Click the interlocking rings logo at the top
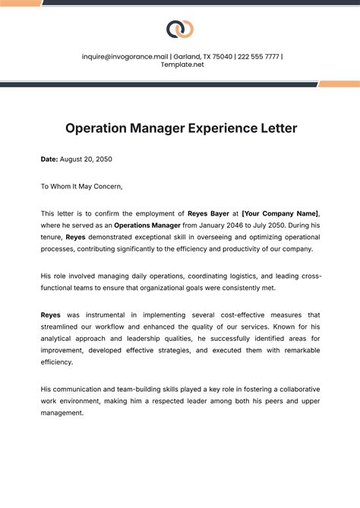click(180, 29)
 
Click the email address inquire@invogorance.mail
click(125, 56)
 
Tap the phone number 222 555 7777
click(257, 56)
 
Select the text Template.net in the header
click(182, 65)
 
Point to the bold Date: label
click(49, 159)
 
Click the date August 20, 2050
click(86, 159)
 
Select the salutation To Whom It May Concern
click(81, 186)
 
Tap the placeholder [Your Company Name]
click(280, 213)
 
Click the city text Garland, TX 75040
click(204, 56)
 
